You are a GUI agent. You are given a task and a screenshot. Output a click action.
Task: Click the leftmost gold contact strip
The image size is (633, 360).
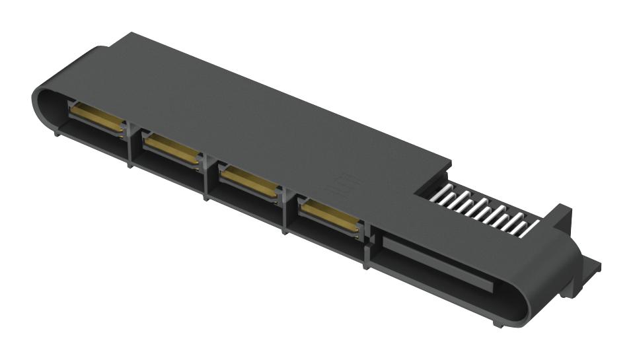[x=96, y=116]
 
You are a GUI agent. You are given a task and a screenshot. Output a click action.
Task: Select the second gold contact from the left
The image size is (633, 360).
[x=172, y=149]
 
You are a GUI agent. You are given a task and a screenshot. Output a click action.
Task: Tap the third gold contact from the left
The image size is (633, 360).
[x=248, y=182]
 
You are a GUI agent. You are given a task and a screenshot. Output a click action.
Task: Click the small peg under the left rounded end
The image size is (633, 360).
[x=57, y=133]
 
